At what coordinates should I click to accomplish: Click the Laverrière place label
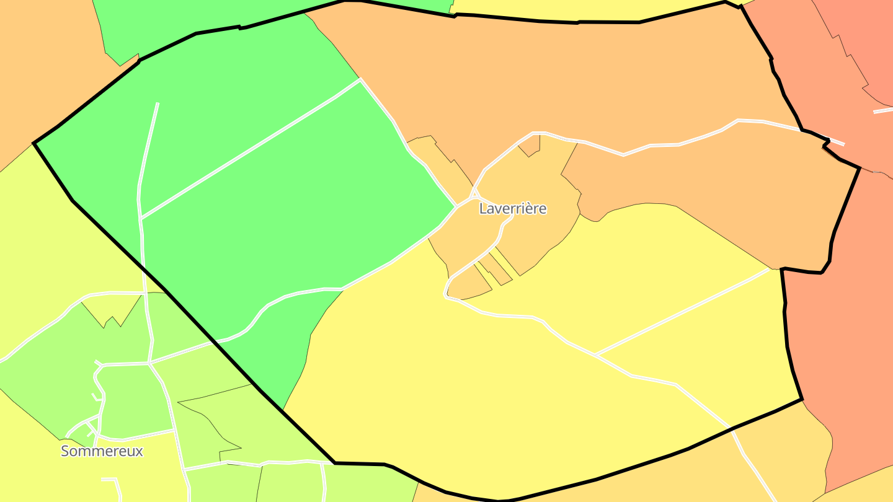click(513, 209)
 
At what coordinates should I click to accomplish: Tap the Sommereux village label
click(102, 451)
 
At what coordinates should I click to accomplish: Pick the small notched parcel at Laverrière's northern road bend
click(530, 146)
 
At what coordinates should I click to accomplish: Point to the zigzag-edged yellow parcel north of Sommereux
click(112, 307)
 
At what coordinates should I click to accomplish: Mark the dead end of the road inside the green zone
click(158, 103)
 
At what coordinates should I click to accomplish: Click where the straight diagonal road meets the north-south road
click(141, 218)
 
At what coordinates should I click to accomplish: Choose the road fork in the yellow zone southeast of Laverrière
click(595, 354)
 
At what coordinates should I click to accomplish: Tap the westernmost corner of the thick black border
click(33, 144)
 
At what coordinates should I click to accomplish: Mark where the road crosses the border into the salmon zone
click(827, 140)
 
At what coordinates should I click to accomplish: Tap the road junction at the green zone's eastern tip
click(456, 206)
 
